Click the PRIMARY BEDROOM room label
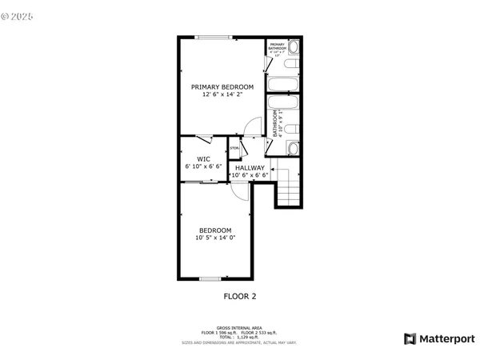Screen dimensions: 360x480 (x=222, y=86)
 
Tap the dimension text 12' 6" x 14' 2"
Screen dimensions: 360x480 (x=222, y=94)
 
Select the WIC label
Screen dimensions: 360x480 (x=203, y=158)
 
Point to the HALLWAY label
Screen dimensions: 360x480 (x=249, y=167)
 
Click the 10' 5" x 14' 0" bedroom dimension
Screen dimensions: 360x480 (x=215, y=238)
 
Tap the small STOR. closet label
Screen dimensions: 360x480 (x=234, y=148)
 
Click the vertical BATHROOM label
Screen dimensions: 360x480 (x=276, y=125)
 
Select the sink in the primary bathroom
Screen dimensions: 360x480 (x=293, y=46)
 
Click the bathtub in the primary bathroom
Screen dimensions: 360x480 (x=282, y=84)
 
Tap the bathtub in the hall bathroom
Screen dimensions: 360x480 (x=282, y=105)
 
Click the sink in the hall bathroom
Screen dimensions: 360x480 (x=293, y=148)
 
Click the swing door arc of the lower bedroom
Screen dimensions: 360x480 (x=238, y=190)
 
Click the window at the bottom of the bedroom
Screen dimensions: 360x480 (x=210, y=278)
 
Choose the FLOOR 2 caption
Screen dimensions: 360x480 (x=239, y=296)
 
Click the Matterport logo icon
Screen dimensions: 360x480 (x=410, y=338)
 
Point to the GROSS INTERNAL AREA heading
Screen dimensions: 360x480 (x=239, y=326)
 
